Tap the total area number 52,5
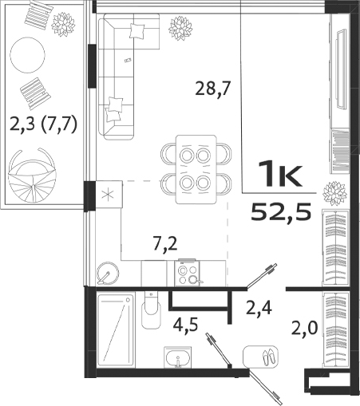pyautogui.click(x=275, y=211)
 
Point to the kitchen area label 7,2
pyautogui.click(x=164, y=241)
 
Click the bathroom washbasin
pyautogui.click(x=177, y=357)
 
